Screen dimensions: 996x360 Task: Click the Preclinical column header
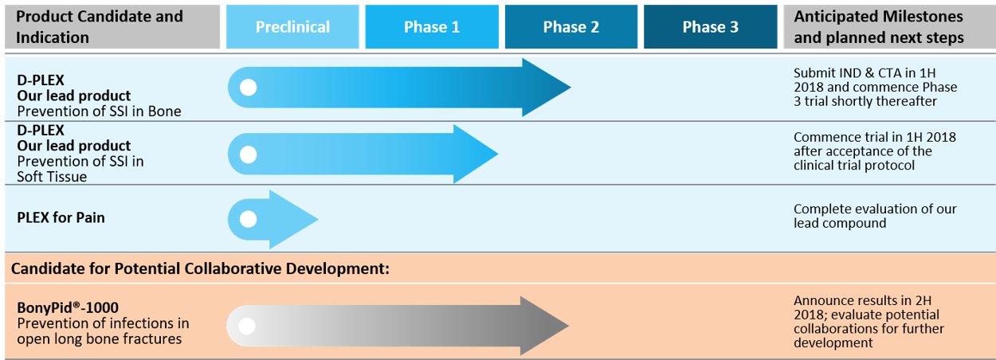tap(292, 26)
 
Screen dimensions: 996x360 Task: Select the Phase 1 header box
tap(432, 26)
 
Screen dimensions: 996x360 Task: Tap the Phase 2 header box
tap(571, 26)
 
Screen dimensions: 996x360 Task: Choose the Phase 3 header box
tap(711, 26)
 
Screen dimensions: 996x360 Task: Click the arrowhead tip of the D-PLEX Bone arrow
tap(571, 87)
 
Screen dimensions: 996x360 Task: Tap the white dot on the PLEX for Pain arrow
tap(248, 219)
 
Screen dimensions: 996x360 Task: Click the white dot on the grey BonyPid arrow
tap(247, 327)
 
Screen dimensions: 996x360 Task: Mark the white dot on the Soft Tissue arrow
tap(248, 155)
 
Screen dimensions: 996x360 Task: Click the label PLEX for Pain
tap(61, 217)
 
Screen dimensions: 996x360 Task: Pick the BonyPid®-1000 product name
tap(68, 307)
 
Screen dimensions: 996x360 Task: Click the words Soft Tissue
tap(52, 177)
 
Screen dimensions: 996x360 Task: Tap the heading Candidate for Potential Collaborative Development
tap(200, 268)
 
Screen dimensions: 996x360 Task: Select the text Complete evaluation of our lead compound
tap(875, 216)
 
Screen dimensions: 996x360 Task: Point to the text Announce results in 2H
tap(863, 301)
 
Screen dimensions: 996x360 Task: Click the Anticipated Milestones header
tap(879, 26)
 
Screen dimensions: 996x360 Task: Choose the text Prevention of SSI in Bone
tap(99, 112)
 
